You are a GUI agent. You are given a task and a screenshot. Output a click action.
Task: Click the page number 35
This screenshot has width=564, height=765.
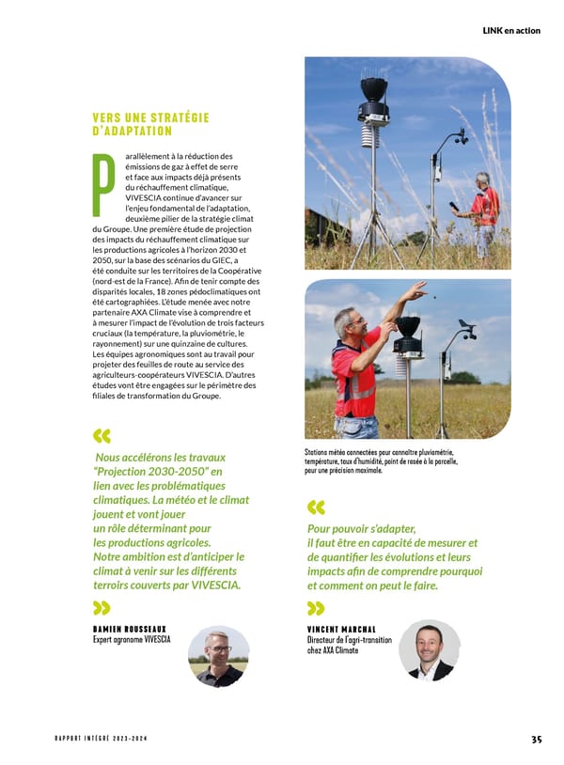pos(536,739)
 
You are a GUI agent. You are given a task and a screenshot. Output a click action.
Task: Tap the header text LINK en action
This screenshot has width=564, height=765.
pos(511,30)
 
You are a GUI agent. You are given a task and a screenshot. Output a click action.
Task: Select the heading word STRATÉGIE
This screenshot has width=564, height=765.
pos(177,117)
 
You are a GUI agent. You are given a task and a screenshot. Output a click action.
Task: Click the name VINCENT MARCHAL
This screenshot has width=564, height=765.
pos(340,630)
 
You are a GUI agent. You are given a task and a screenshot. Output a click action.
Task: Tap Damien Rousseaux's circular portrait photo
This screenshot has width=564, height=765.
pos(219,655)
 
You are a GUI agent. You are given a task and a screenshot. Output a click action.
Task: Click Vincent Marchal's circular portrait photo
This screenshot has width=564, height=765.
pos(429,649)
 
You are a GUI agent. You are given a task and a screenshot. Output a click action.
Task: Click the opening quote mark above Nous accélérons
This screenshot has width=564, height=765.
pos(102,436)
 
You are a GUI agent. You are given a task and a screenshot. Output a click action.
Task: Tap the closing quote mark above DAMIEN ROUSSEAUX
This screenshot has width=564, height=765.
pos(102,607)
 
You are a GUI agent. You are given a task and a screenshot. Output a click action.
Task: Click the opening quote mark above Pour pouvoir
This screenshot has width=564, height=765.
pos(316,507)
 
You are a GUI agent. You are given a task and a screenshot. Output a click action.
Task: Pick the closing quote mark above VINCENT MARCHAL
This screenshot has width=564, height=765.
pos(316,608)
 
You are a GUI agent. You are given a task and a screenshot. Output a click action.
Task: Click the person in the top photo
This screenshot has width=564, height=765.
pos(485,211)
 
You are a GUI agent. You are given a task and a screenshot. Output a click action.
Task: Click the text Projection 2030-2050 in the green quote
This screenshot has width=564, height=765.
pos(156,471)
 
